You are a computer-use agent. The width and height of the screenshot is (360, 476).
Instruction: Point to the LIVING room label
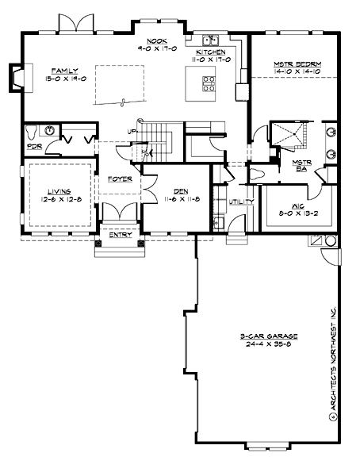coord(59,191)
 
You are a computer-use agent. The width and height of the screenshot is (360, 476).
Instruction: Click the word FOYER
coord(120,179)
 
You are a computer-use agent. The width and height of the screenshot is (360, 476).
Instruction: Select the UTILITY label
coord(241,202)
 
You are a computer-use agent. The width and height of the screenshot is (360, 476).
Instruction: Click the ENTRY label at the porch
coord(121,235)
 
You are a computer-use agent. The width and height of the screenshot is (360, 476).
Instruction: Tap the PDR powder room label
coord(33,146)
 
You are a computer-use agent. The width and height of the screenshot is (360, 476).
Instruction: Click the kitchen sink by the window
coord(210,40)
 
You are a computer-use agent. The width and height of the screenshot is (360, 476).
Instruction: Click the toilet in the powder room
coord(31,131)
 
